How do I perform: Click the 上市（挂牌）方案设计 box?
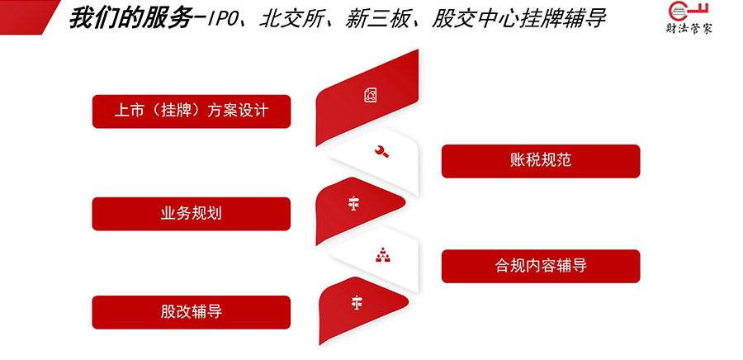(192, 111)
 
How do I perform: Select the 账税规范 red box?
(541, 161)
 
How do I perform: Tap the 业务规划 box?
(192, 214)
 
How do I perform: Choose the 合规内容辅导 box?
(541, 266)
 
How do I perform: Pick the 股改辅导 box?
(192, 312)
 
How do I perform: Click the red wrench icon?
(381, 152)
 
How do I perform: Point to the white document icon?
(371, 95)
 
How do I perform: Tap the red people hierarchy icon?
(382, 255)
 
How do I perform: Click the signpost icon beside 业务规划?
(353, 204)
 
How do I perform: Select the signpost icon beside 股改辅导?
(357, 302)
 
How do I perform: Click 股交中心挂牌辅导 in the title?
(519, 20)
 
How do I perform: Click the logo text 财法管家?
(689, 28)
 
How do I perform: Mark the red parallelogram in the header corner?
(27, 17)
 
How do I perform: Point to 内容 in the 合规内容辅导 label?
(541, 266)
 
